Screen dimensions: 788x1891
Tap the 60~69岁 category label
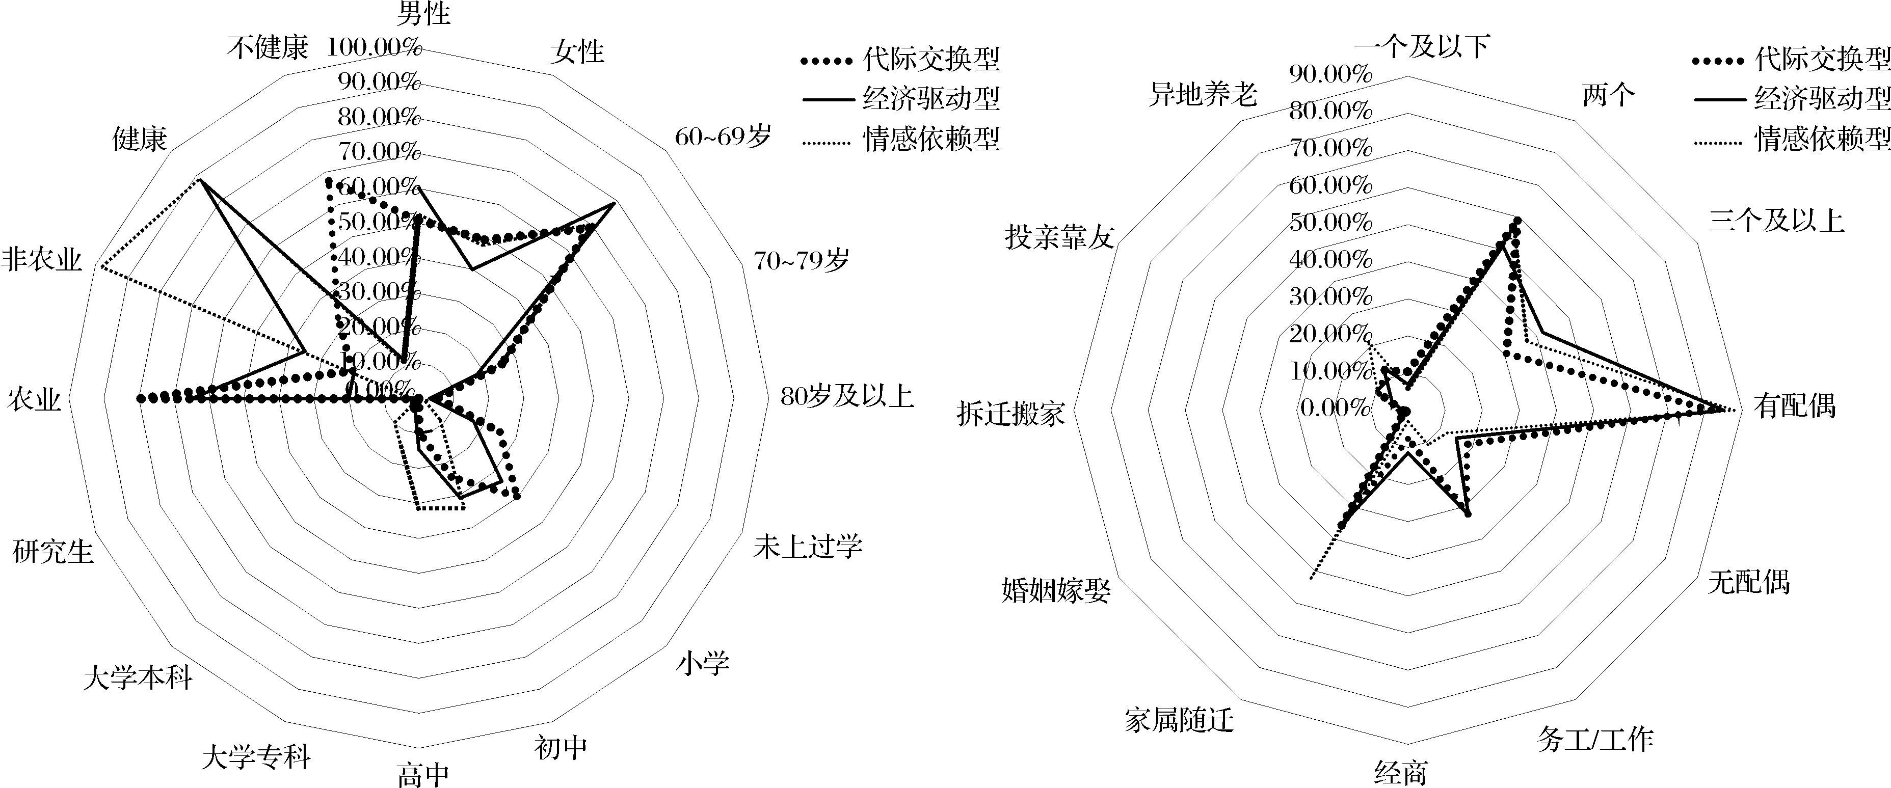click(723, 137)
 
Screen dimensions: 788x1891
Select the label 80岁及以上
click(846, 397)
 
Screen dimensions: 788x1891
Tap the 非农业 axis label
click(41, 260)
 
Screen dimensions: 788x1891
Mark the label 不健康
click(267, 48)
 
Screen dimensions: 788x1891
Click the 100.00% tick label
click(375, 48)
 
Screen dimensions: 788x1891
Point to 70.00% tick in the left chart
click(379, 152)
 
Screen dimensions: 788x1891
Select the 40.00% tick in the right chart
click(1330, 259)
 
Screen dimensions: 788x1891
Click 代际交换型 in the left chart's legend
click(931, 60)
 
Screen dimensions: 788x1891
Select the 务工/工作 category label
click(1594, 740)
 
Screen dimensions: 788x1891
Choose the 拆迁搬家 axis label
click(1011, 415)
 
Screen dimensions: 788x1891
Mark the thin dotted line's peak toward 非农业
click(100, 268)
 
